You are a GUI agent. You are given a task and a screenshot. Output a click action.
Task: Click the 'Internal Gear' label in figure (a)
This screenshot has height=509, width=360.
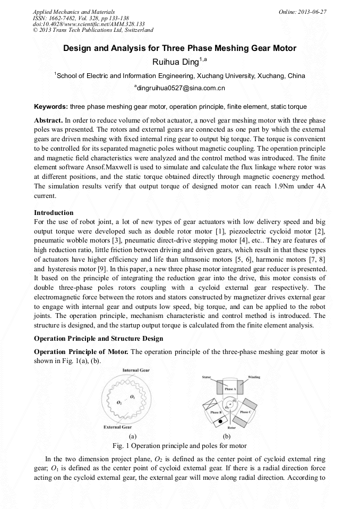(x=135, y=370)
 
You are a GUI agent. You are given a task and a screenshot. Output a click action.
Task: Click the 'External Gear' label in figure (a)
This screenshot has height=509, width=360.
(x=118, y=426)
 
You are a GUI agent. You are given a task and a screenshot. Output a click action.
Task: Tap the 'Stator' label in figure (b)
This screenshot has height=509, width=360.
(x=207, y=377)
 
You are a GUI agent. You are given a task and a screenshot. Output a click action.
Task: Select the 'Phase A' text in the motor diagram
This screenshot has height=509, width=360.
(x=230, y=389)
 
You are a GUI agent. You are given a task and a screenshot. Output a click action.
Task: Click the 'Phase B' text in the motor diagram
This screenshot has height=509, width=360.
(x=216, y=412)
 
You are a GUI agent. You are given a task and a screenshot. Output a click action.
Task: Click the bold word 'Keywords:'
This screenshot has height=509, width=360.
(x=50, y=107)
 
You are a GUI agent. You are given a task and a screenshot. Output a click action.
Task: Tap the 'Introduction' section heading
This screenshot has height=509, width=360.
(x=54, y=212)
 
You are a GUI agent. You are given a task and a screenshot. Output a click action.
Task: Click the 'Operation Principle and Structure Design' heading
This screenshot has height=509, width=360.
(x=99, y=338)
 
